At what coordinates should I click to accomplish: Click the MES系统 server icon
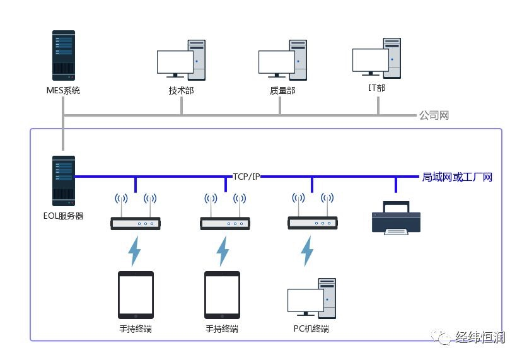click(x=64, y=56)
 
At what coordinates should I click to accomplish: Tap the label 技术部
click(x=181, y=91)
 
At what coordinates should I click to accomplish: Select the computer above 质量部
click(x=283, y=60)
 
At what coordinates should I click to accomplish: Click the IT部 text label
click(x=376, y=88)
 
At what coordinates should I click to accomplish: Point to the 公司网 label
click(x=434, y=115)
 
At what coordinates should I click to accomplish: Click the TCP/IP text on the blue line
click(x=246, y=177)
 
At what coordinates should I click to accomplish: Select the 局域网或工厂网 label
click(x=457, y=177)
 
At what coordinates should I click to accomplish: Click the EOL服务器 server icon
click(x=64, y=180)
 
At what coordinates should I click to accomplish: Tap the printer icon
click(x=395, y=218)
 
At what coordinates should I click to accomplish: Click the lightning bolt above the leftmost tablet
click(x=135, y=251)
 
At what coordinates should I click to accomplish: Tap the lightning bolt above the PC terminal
click(x=307, y=251)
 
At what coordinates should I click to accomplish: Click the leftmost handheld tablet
click(x=136, y=294)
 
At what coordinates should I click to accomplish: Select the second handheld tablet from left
click(x=222, y=294)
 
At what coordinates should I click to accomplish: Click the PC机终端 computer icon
click(x=311, y=298)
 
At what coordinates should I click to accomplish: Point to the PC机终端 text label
click(x=311, y=328)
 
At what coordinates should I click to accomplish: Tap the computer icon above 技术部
click(x=182, y=60)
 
